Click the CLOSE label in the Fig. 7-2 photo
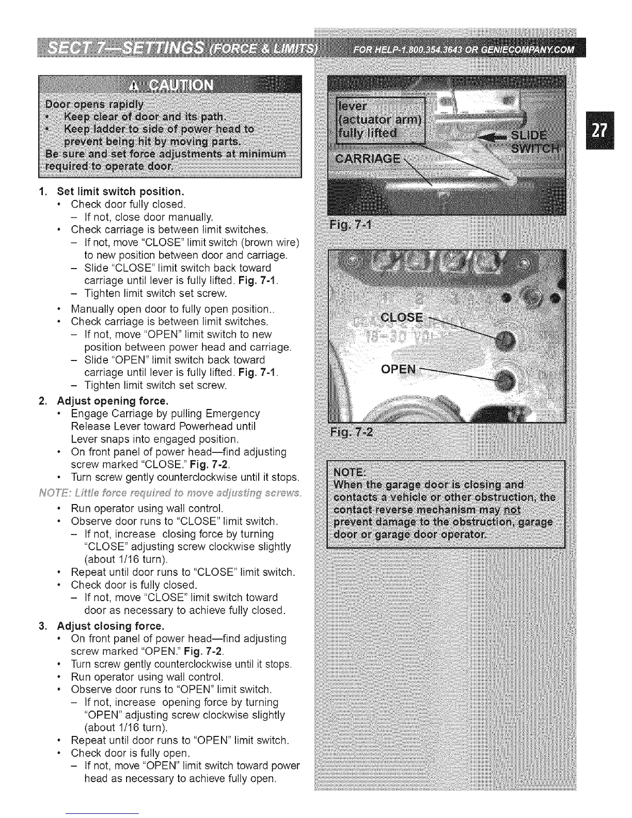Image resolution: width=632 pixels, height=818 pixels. (x=401, y=317)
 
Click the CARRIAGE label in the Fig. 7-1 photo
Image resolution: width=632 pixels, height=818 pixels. (x=367, y=158)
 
